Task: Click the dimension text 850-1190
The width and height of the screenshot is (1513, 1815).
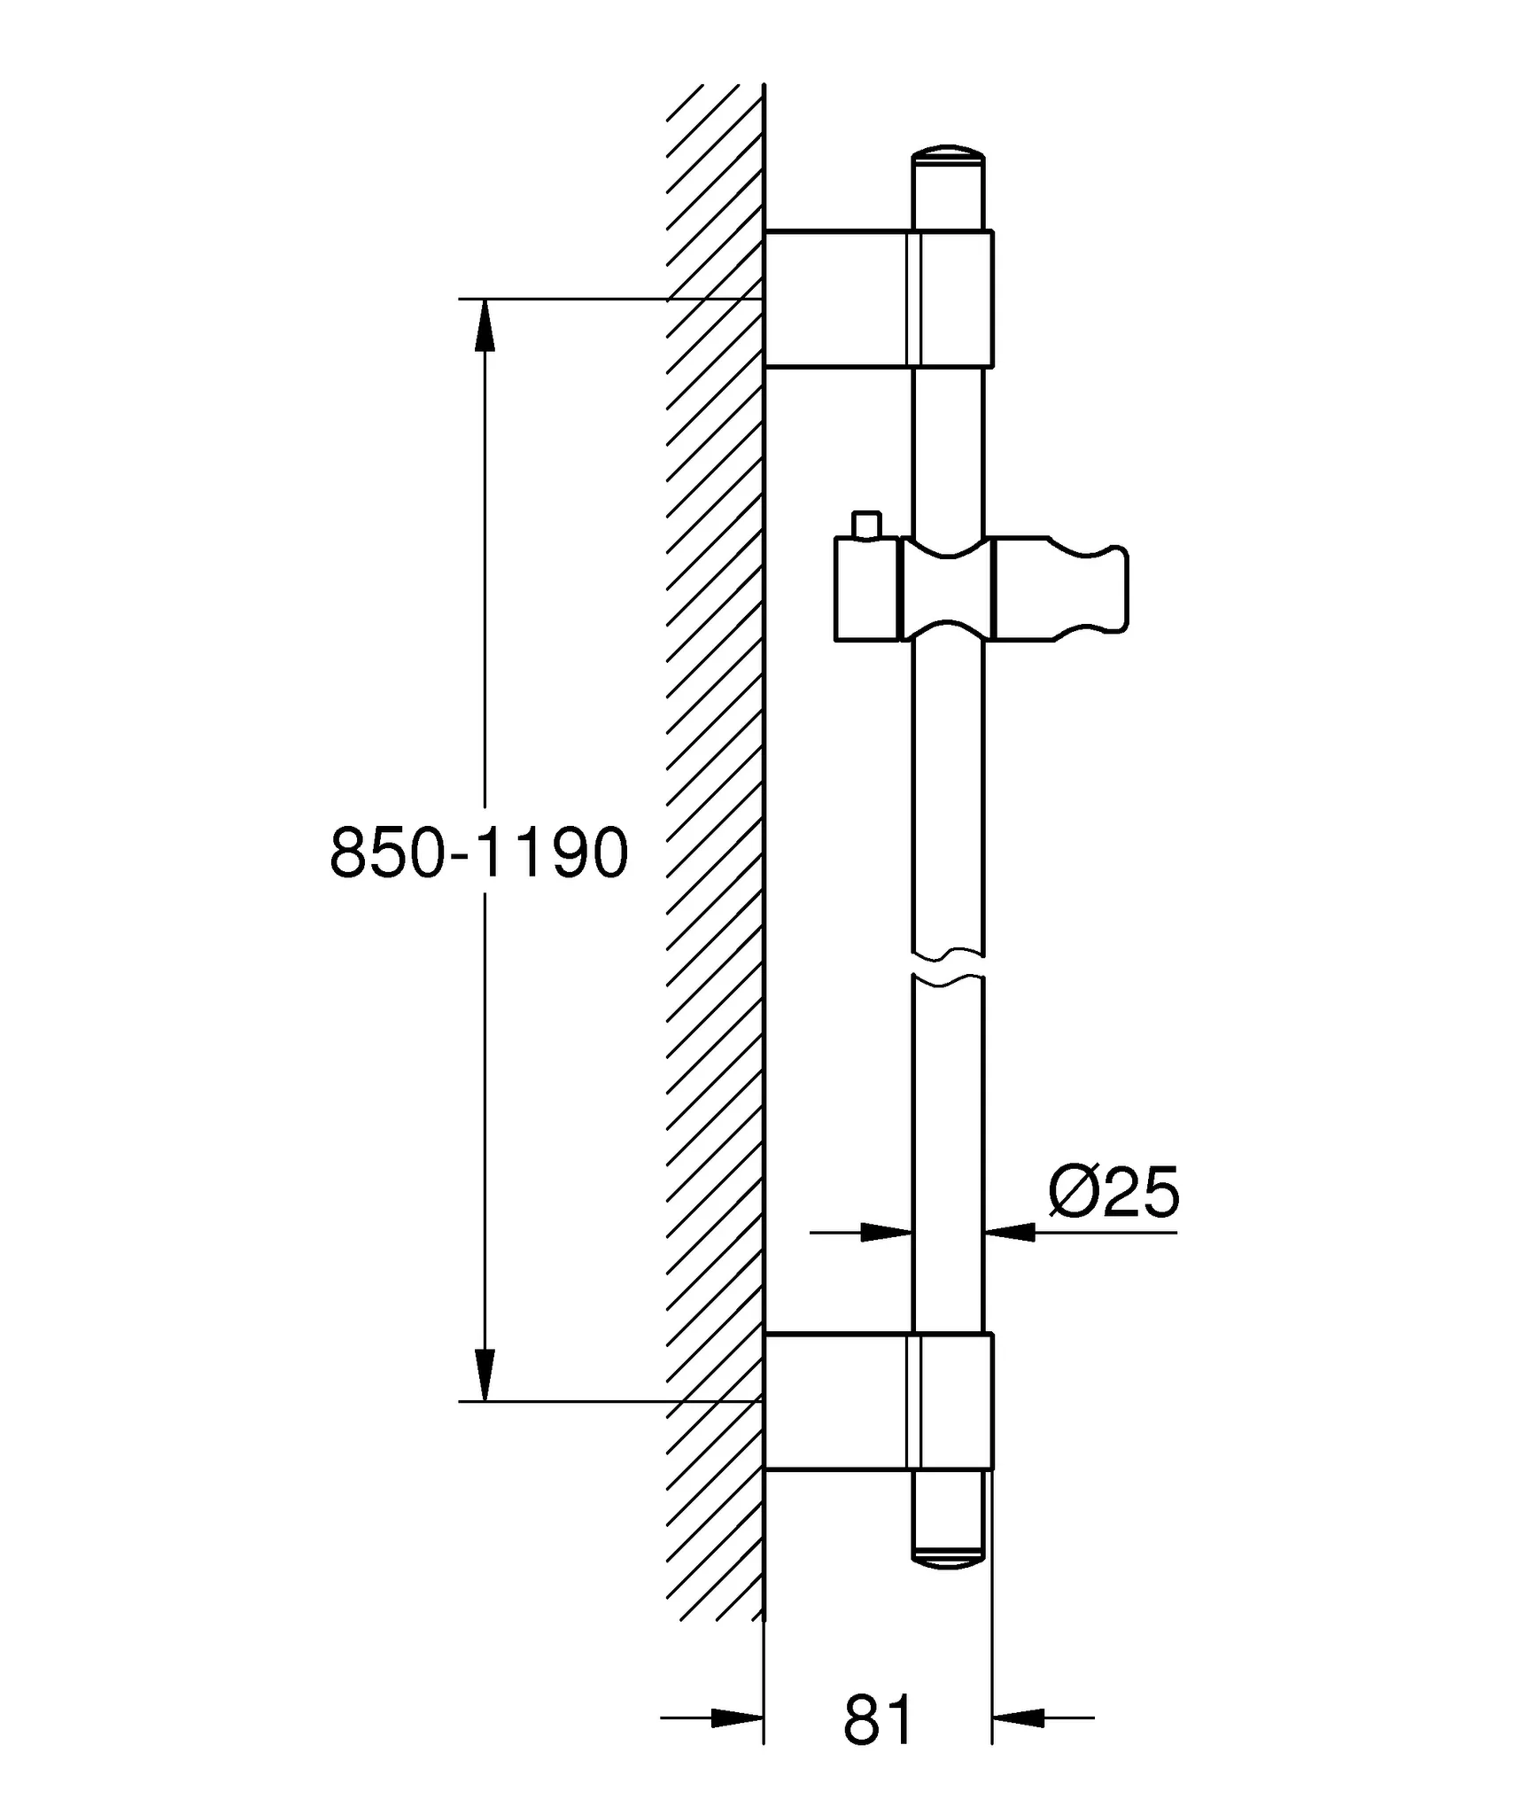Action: [x=478, y=853]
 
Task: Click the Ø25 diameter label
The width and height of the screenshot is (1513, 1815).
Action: [x=1113, y=1192]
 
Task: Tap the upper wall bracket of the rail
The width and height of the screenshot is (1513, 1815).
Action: [x=877, y=298]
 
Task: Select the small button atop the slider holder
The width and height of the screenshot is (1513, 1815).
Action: [x=865, y=524]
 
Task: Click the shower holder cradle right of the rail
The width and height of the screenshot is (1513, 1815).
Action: [x=1063, y=588]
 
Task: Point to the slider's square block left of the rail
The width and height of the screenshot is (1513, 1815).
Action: [x=866, y=588]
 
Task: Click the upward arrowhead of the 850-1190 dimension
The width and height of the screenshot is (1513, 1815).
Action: [x=485, y=326]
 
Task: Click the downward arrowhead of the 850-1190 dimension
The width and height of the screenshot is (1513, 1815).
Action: [x=485, y=1374]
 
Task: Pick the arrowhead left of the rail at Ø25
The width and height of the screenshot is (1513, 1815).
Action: [x=887, y=1232]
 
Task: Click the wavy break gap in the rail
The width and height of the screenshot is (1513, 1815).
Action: [x=948, y=966]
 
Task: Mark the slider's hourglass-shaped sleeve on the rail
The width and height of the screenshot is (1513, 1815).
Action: [x=948, y=588]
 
